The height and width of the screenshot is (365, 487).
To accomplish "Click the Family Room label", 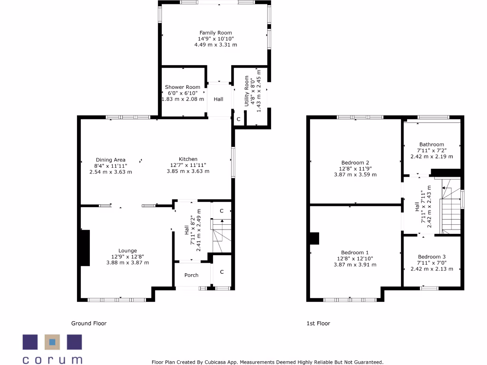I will [x=215, y=32].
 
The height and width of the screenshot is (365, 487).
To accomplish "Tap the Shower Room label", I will [x=183, y=87].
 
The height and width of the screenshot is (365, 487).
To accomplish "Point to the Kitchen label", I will [x=188, y=159].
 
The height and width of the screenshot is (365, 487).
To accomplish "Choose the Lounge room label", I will [x=127, y=250].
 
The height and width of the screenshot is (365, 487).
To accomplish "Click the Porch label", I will [x=191, y=275].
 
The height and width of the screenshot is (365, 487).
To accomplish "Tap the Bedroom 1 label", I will [x=355, y=252].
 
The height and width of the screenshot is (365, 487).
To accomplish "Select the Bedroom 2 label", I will [x=355, y=163].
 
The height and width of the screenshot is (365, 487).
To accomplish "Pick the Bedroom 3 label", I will [x=431, y=256].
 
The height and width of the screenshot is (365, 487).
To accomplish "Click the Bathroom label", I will [x=431, y=144].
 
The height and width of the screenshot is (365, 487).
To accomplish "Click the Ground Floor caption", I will [x=89, y=323].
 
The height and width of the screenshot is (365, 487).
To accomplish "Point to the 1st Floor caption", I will [x=318, y=323].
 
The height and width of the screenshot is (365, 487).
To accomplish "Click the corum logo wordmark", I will [x=52, y=360].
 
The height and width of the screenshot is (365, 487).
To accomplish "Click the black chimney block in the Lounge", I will [x=84, y=248].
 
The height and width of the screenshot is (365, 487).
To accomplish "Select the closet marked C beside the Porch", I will [x=222, y=271].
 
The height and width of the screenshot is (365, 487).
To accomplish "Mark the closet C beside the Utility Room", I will [x=238, y=119].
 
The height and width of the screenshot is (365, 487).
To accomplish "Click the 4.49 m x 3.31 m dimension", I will [x=215, y=45].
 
